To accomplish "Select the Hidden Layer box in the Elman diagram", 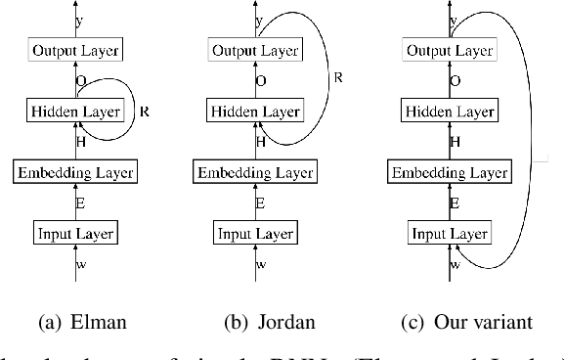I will coord(75,111).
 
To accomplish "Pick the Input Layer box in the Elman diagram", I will coord(75,233).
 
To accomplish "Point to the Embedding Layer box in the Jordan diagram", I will coord(258,172).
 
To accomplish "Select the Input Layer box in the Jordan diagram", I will coord(258,233).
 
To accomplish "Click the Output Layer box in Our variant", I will coord(449,50).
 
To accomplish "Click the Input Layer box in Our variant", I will coord(449,233).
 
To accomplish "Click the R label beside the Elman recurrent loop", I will coord(145,111).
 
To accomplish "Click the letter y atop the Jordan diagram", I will coord(259,20).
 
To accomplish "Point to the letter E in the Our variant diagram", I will coord(456,203).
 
